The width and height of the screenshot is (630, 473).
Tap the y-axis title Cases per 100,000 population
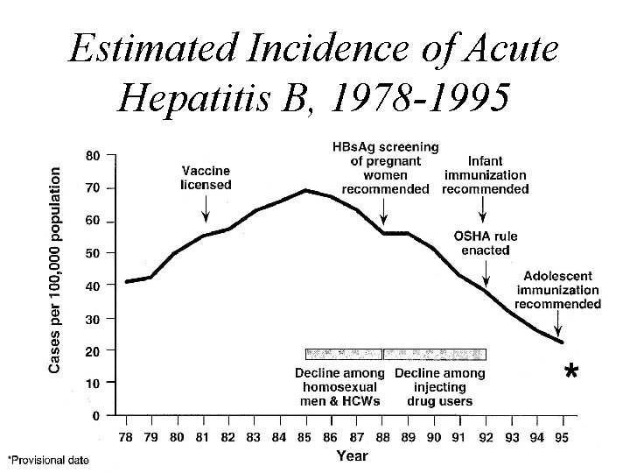point(55,272)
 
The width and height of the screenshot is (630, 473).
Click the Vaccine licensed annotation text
point(206,178)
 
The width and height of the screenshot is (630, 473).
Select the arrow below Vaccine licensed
point(206,209)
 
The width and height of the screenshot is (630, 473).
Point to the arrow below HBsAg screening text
point(384,211)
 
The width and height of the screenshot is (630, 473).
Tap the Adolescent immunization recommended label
point(557,290)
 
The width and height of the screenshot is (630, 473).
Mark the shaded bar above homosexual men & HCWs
point(343,354)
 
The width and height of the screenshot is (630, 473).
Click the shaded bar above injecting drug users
point(435,354)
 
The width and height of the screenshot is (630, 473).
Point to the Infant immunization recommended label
point(485,175)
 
